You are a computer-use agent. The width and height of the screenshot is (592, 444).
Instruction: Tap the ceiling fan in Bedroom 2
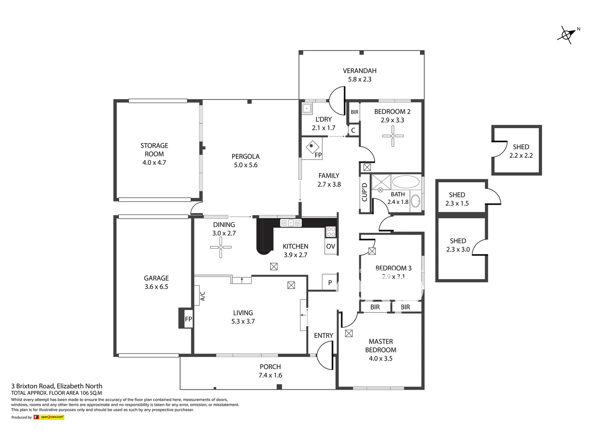[393, 136]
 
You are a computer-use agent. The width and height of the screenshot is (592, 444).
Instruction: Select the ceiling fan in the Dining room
[221, 247]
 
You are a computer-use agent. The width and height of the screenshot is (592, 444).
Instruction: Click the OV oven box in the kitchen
[331, 246]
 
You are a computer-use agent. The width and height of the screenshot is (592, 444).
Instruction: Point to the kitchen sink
[291, 223]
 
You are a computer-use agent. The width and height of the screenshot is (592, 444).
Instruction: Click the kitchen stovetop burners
[331, 232]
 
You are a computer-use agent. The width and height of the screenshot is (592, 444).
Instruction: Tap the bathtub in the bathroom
[405, 182]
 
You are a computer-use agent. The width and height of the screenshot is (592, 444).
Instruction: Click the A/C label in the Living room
[202, 296]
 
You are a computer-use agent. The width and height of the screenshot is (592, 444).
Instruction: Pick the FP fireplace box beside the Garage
[188, 319]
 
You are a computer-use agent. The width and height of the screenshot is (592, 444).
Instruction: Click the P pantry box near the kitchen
[330, 282]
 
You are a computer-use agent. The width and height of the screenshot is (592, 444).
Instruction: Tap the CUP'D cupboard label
[365, 192]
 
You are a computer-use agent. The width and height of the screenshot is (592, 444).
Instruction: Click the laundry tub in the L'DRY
[307, 109]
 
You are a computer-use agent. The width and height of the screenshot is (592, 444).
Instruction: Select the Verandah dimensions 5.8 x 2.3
[360, 79]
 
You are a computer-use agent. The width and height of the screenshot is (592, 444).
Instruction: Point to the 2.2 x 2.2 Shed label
[521, 155]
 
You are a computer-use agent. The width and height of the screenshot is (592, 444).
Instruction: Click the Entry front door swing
[325, 356]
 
